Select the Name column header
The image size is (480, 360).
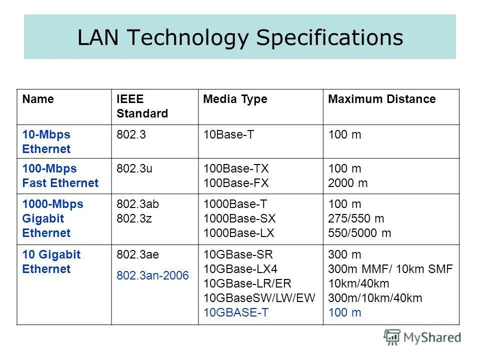(38, 99)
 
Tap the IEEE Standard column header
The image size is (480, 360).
(142, 106)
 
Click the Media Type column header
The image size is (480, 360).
(235, 99)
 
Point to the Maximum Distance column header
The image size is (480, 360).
(381, 99)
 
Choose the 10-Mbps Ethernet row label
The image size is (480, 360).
(46, 142)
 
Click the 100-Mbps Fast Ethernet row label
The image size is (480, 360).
(60, 176)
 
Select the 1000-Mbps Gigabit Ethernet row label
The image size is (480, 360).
(52, 218)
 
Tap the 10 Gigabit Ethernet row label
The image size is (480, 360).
(51, 262)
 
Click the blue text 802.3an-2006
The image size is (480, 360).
(152, 275)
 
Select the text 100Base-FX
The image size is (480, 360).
(236, 183)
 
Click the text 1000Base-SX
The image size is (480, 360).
(239, 218)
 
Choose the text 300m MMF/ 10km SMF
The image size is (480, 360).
(390, 269)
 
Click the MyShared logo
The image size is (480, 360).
(422, 337)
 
